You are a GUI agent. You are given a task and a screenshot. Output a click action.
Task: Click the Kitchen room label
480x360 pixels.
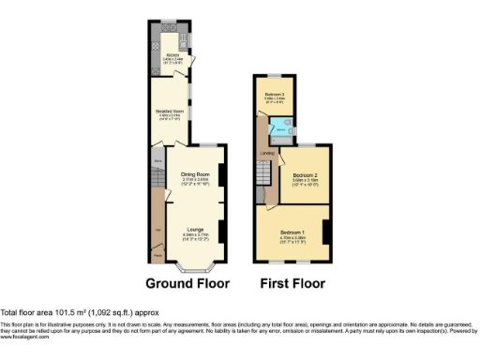click(x=172, y=54)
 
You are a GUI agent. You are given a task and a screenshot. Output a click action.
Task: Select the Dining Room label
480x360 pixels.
click(x=195, y=174)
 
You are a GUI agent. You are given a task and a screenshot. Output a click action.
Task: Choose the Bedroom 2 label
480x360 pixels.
click(x=306, y=175)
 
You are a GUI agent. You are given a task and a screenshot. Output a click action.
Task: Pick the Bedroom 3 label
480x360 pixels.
click(x=274, y=96)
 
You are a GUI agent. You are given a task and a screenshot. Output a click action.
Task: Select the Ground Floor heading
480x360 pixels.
click(x=191, y=283)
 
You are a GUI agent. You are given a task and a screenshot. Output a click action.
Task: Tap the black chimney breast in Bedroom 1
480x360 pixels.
click(x=325, y=232)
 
